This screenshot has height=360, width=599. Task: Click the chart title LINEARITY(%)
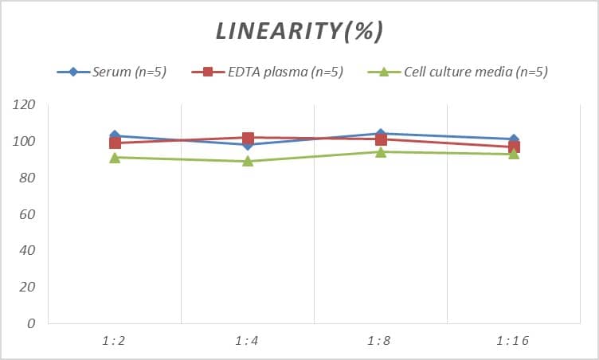coord(299,31)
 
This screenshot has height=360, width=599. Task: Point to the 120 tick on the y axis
coord(25,105)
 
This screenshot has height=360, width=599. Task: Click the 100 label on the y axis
coord(25,142)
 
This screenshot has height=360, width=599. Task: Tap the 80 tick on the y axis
coord(28,178)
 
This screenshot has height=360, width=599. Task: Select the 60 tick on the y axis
coord(28,214)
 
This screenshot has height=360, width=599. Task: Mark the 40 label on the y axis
coord(28,251)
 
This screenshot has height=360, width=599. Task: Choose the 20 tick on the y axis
coord(28,287)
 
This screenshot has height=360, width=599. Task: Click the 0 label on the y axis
coord(32,323)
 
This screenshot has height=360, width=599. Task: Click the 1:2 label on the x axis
coord(114,341)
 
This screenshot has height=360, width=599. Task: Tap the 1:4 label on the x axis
coord(247,341)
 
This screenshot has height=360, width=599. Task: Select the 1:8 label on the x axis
coord(381,341)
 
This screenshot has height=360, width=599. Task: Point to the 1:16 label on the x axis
coord(513,341)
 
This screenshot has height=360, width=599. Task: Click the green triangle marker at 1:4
coord(248,161)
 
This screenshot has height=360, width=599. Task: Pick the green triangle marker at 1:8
coord(381,152)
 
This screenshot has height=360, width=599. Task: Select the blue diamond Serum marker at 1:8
coord(381,134)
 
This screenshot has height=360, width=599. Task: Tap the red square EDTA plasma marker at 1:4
coord(248,139)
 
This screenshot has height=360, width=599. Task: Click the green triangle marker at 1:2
coord(115,158)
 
